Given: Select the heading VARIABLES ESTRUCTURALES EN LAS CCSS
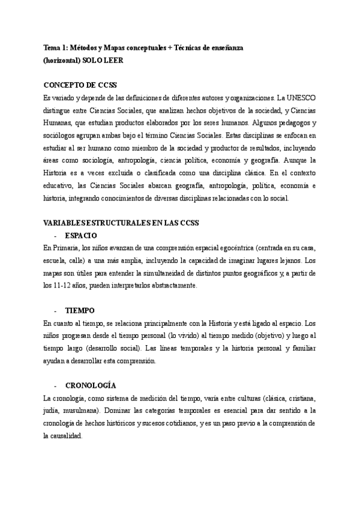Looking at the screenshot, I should [122, 223].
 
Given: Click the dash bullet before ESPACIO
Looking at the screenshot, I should [55, 236].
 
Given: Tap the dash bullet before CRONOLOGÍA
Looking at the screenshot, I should [55, 385].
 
